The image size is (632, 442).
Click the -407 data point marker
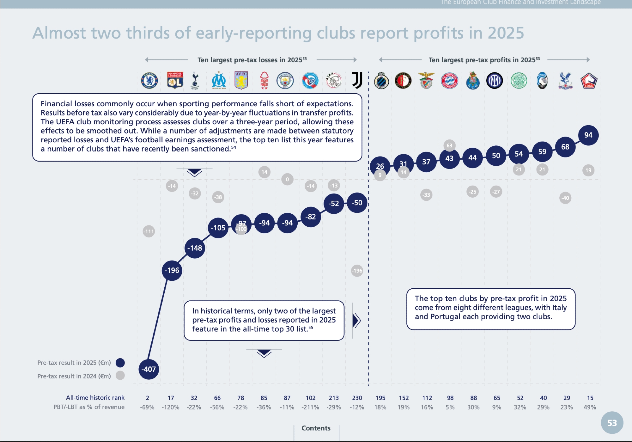149,369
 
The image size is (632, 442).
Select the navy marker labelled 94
588,135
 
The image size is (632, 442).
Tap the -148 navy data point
195,248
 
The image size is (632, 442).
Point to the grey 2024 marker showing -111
149,231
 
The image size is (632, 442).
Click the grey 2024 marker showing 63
449,145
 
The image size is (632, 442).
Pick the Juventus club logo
357,80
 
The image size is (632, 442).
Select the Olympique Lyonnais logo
175,80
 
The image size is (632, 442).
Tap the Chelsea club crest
149,80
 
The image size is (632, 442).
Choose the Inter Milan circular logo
495,81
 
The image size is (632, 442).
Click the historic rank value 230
357,398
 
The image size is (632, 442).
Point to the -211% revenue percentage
310,407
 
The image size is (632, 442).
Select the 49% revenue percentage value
590,407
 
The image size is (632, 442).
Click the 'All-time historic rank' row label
95,398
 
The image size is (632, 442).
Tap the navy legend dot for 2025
120,363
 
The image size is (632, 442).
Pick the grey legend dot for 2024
120,376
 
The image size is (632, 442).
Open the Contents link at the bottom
316,428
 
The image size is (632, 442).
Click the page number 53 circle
612,423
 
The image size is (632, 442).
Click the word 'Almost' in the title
59,33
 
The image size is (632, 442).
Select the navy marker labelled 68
565,147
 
